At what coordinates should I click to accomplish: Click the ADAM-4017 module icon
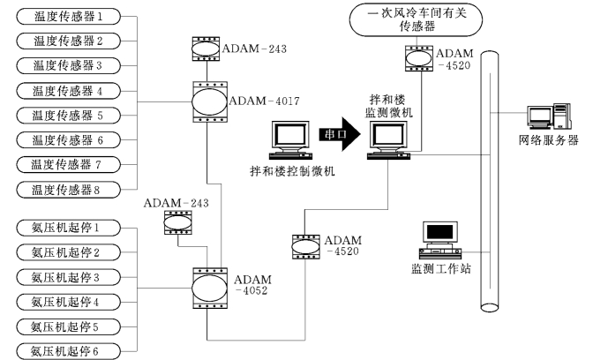click(207, 101)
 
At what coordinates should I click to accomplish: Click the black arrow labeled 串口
click(341, 135)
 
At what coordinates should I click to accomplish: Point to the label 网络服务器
click(548, 140)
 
